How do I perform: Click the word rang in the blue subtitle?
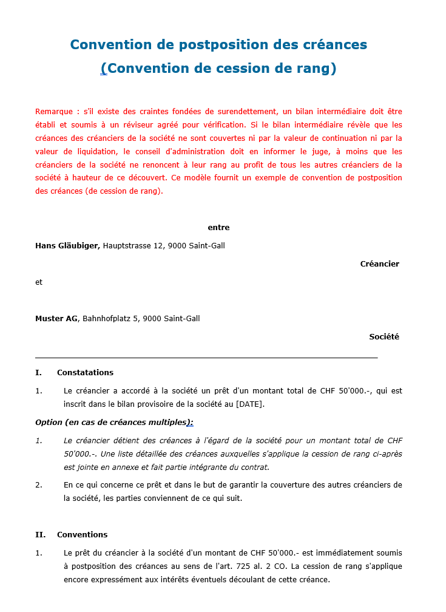[x=314, y=69]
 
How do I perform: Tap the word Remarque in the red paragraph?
[x=55, y=112]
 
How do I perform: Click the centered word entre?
[x=218, y=228]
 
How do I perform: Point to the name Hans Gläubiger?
[x=67, y=246]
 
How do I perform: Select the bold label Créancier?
[x=379, y=264]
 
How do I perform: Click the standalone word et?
[x=39, y=282]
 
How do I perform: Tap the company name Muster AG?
[x=56, y=319]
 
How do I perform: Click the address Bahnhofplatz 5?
[x=110, y=319]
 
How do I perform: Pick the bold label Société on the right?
[x=384, y=337]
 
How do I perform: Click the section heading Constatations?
[x=85, y=373]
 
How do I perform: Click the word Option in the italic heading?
[x=49, y=423]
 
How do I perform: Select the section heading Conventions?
[x=82, y=535]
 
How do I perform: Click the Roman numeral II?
[x=41, y=535]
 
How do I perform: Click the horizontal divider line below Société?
[x=206, y=358]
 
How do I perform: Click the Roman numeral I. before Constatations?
[x=38, y=373]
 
